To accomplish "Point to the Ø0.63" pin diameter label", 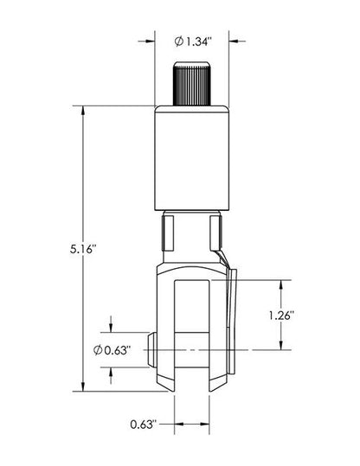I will (111, 349).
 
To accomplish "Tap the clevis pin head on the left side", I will (151, 349).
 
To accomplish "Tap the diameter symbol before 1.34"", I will (177, 41).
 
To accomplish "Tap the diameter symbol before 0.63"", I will (96, 349).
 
